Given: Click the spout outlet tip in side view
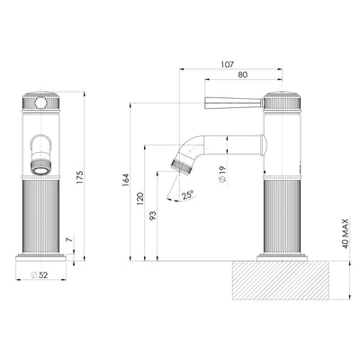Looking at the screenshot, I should pyautogui.click(x=180, y=164).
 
